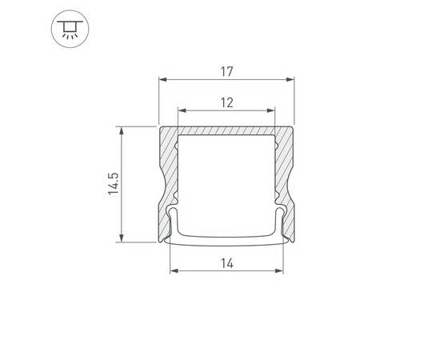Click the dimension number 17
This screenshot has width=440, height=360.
pos(226,71)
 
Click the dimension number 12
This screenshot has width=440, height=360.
pos(226,102)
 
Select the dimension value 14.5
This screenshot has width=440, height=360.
pos(114,184)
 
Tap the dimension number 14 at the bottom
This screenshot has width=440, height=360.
pos(226,263)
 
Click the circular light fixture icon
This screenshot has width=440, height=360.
pos(70,29)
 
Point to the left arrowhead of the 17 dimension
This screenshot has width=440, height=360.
pos(162,80)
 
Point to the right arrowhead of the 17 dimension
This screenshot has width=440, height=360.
pos(290,80)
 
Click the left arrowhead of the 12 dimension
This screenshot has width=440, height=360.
pos(182,110)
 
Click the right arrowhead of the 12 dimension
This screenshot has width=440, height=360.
pos(270,110)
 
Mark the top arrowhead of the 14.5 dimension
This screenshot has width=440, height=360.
pos(122,130)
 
